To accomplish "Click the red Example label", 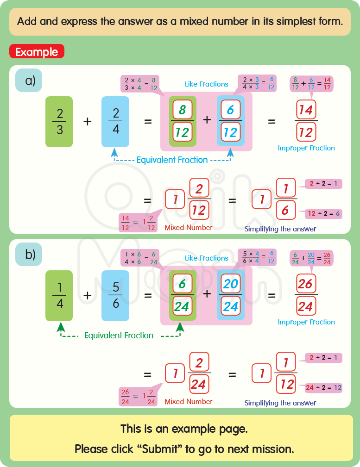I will click(x=37, y=52).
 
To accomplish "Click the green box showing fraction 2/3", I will click(x=59, y=121).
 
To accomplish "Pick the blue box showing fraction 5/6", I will click(x=116, y=295).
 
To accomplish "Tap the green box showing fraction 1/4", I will click(x=59, y=295).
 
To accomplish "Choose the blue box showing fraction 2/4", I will click(x=116, y=121).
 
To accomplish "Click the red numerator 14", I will click(x=306, y=110).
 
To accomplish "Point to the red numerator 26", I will click(x=306, y=284).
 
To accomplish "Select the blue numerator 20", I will click(x=230, y=284).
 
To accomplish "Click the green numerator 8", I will click(x=182, y=110).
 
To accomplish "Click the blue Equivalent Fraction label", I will click(x=172, y=160).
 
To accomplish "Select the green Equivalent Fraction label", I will click(x=119, y=336).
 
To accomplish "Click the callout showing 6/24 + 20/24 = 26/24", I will click(x=311, y=258).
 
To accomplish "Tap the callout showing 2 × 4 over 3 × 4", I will click(x=139, y=84).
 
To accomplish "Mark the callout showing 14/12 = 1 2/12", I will click(x=138, y=223).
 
